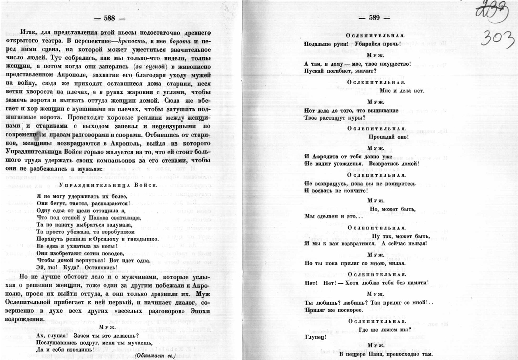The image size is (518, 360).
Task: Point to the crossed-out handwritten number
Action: click(x=492, y=13)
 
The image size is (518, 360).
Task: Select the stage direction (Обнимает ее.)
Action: click(x=155, y=355)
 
